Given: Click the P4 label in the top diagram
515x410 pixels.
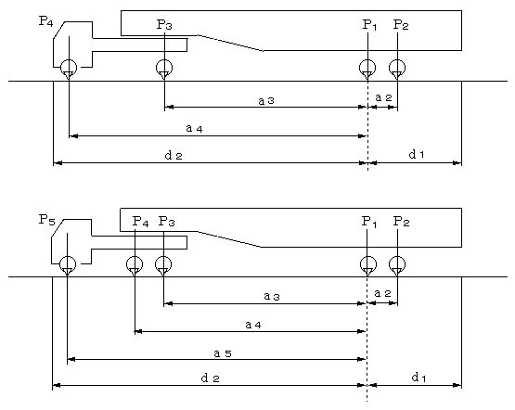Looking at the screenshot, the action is pyautogui.click(x=45, y=21).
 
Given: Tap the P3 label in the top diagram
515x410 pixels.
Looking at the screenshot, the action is pyautogui.click(x=164, y=25).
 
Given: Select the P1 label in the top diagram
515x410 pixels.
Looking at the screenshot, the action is pyautogui.click(x=369, y=25).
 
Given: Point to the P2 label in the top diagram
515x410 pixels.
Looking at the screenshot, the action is pyautogui.click(x=401, y=25).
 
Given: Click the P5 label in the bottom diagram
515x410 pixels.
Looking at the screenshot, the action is pyautogui.click(x=47, y=220).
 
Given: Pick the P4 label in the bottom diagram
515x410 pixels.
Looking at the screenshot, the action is pyautogui.click(x=140, y=222).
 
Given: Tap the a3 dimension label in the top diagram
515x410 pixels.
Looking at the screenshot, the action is pyautogui.click(x=266, y=101).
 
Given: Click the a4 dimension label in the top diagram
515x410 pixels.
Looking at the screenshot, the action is pyautogui.click(x=195, y=128).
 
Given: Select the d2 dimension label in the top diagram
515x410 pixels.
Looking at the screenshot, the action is pyautogui.click(x=174, y=155).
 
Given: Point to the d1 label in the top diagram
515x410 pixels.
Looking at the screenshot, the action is pyautogui.click(x=417, y=154).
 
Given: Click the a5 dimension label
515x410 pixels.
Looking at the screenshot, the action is pyautogui.click(x=223, y=353).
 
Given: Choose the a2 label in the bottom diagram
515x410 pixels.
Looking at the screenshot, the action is pyautogui.click(x=383, y=293).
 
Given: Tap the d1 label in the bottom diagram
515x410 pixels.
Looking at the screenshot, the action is pyautogui.click(x=418, y=378).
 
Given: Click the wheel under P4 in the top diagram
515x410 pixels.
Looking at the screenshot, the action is pyautogui.click(x=69, y=68).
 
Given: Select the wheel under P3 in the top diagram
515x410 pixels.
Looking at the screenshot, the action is pyautogui.click(x=164, y=68).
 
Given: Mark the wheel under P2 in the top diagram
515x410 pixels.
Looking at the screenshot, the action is pyautogui.click(x=397, y=68).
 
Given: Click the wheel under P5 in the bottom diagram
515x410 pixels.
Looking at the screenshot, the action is pyautogui.click(x=68, y=264).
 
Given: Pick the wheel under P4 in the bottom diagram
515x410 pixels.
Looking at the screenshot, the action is pyautogui.click(x=135, y=264).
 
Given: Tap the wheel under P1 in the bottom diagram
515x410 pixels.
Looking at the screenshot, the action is pyautogui.click(x=368, y=264).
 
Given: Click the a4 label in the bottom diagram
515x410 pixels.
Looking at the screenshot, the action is pyautogui.click(x=253, y=325).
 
